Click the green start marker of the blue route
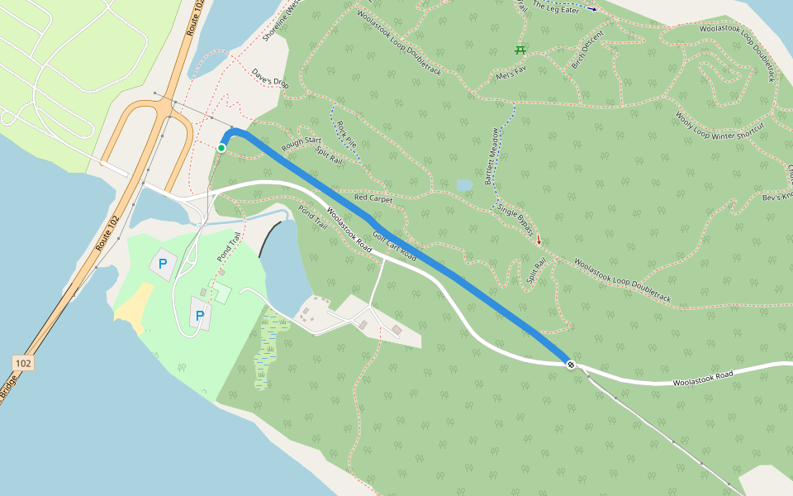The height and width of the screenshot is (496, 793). click(x=221, y=148)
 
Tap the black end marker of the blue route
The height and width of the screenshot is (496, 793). click(x=571, y=365)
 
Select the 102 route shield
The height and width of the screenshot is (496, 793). click(x=23, y=363)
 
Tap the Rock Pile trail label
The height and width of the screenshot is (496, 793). click(x=346, y=133)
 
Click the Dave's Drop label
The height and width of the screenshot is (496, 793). click(x=270, y=78)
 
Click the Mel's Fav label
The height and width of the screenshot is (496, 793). click(x=510, y=74)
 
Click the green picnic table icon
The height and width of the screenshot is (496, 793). click(x=521, y=50)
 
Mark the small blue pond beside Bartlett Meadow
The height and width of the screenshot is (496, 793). click(x=464, y=185)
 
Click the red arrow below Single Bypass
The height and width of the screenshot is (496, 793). click(x=539, y=241)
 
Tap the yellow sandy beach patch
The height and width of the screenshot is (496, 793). click(x=134, y=306)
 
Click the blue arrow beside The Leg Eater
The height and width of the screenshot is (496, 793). click(x=591, y=8)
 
